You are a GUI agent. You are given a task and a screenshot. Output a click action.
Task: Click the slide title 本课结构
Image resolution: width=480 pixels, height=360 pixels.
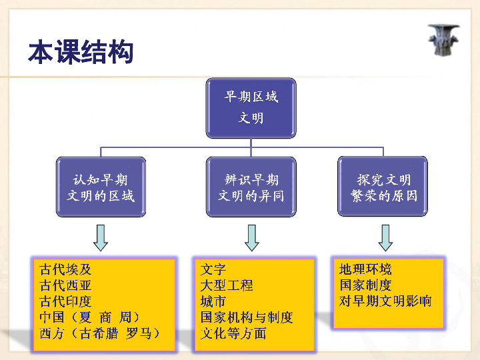coord(81,52)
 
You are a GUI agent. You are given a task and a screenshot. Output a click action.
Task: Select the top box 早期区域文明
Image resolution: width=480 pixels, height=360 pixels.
coord(251,108)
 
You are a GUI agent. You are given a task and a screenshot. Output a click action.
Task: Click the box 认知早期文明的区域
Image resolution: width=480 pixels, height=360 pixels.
coord(101,187)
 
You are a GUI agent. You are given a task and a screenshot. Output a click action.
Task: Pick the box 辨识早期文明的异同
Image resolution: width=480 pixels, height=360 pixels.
coord(251,187)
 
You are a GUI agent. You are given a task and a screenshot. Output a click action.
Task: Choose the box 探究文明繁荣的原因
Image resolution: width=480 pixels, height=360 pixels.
coord(383,187)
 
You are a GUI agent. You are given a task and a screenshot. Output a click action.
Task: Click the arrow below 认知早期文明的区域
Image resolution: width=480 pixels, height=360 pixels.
coord(101,238)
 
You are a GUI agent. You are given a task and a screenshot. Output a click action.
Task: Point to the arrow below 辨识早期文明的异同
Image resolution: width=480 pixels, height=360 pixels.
coord(251,238)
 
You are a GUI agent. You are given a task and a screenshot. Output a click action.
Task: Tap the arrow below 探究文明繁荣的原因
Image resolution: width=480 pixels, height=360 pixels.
coord(385,238)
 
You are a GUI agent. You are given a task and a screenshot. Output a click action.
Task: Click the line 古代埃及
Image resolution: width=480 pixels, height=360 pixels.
coord(65,269)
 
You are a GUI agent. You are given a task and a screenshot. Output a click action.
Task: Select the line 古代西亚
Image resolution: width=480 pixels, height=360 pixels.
coord(65,285)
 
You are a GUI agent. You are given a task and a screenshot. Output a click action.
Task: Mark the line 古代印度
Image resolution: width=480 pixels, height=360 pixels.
coord(65,301)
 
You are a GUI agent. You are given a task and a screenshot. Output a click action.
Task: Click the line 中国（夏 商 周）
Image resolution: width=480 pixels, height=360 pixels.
coord(90,317)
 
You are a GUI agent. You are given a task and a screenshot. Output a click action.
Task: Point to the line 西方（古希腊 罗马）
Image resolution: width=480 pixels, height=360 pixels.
coord(100,333)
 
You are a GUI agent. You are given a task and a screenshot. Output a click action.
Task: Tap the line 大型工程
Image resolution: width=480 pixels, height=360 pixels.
coord(227,285)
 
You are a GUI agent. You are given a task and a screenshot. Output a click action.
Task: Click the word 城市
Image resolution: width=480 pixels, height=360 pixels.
coord(213,301)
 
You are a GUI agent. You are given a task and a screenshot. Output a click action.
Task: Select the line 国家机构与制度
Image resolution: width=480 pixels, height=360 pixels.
coord(247,317)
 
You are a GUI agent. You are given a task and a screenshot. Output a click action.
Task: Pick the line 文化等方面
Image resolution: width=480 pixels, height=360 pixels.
coord(233,333)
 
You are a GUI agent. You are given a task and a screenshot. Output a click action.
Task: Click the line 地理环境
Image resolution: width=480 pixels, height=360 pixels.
coord(365,269)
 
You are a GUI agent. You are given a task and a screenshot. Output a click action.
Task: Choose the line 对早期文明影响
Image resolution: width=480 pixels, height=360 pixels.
coord(385,301)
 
